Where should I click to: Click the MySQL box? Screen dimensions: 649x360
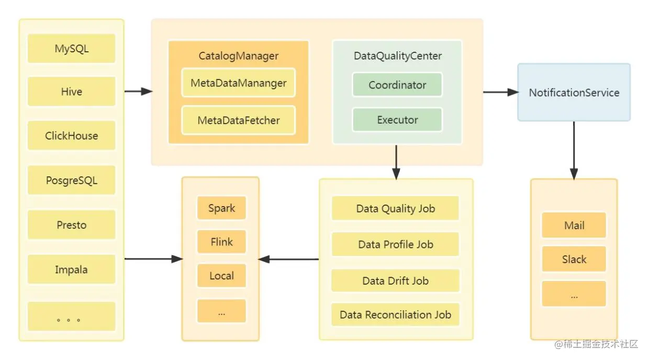tap(71, 48)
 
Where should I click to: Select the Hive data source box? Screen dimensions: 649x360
tap(71, 92)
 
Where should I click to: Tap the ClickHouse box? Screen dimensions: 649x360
tap(71, 136)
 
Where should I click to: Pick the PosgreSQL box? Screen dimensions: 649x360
tap(71, 180)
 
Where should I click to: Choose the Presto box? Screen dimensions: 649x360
tap(71, 225)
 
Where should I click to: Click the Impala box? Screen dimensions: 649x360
tap(71, 269)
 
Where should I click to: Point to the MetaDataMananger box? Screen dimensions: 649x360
tap(239, 83)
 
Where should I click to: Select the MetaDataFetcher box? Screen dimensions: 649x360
tap(239, 120)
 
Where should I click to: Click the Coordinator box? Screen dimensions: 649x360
tap(397, 85)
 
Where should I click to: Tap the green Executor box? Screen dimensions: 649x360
tap(397, 120)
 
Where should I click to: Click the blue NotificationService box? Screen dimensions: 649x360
tap(574, 92)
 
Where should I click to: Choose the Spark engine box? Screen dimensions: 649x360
tap(221, 208)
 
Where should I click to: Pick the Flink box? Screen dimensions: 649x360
tap(221, 242)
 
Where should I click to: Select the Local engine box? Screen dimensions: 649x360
tap(221, 276)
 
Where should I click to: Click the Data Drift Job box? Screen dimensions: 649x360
tap(395, 280)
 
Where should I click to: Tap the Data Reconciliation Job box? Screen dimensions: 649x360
tap(395, 314)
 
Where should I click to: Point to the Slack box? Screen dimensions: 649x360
tap(574, 259)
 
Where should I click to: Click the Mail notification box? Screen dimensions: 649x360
tap(574, 226)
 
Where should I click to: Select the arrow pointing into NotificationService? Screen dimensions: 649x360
tap(501, 92)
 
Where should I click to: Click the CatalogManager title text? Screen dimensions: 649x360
tap(239, 55)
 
